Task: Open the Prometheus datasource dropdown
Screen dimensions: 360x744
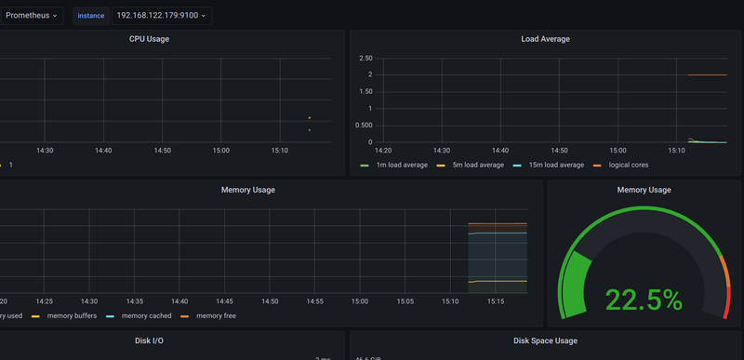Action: pos(32,16)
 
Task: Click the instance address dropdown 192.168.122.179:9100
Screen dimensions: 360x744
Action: pos(161,16)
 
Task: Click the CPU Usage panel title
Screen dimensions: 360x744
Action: pos(149,39)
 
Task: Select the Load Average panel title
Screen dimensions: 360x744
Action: pos(545,39)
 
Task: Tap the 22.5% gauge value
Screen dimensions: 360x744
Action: pos(643,300)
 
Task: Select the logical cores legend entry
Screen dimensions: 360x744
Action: pos(628,165)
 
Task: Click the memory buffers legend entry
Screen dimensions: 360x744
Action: pos(72,316)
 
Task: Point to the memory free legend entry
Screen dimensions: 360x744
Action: pos(216,316)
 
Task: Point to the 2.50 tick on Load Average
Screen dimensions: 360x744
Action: pos(365,59)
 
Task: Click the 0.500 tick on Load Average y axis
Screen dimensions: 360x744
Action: pos(364,126)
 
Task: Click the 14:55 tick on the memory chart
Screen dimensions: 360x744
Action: pos(315,301)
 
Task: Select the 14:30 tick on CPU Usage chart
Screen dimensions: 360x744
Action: pos(45,150)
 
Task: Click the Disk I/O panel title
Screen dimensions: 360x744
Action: pos(149,341)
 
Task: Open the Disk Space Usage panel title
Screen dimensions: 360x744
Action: pos(545,341)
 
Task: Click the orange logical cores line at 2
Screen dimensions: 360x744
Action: pos(707,75)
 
